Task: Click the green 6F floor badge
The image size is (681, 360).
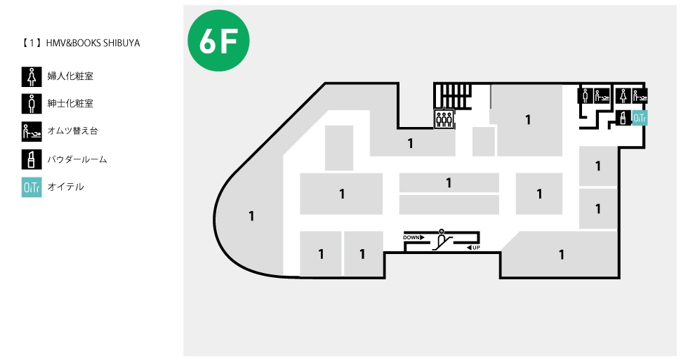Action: (x=218, y=41)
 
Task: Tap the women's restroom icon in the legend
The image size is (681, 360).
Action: (x=32, y=77)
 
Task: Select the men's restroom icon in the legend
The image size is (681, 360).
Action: (x=32, y=104)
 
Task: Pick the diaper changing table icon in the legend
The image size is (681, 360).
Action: (x=32, y=132)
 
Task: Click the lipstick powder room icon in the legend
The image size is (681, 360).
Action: (x=32, y=159)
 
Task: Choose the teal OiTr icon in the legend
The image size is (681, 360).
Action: (x=32, y=187)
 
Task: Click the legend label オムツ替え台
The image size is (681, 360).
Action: (x=72, y=131)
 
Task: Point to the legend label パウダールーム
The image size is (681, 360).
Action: (x=77, y=159)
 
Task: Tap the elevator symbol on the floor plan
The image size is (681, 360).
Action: (x=444, y=119)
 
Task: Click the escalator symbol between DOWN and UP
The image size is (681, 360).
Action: (x=442, y=240)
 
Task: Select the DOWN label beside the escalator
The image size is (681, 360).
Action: (x=414, y=237)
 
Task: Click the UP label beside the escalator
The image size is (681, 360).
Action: (x=473, y=248)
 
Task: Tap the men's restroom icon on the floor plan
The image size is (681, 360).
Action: (x=585, y=95)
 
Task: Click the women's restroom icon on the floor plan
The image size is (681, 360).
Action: (x=623, y=95)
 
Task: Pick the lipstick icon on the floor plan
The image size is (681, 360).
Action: (x=623, y=118)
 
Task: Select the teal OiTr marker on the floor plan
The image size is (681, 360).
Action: (x=640, y=118)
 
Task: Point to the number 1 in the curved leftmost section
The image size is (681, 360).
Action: (x=251, y=216)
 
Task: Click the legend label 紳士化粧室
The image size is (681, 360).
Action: (x=70, y=103)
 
